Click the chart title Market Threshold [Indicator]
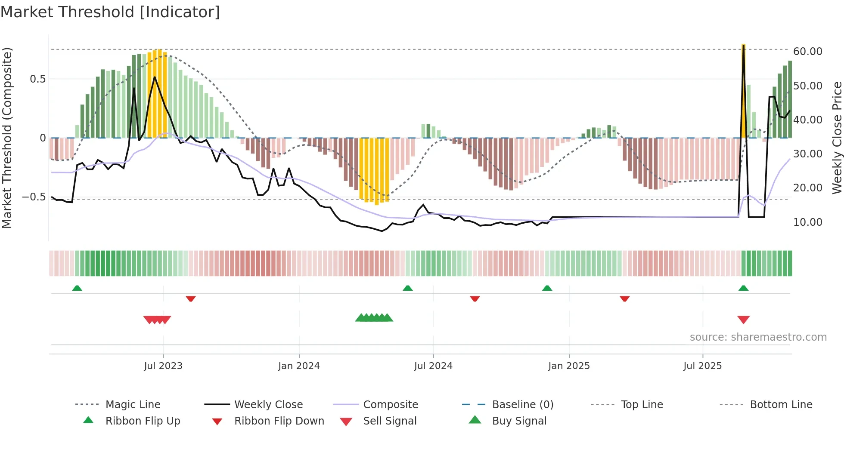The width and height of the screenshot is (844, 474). point(110,12)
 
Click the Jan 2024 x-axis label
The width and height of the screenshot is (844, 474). point(299,366)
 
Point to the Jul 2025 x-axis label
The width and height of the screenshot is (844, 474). point(702,366)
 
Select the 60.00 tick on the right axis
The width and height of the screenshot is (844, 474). point(807,52)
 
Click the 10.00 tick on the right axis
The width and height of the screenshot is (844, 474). point(807,222)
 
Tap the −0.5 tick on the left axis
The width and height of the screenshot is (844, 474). point(34,197)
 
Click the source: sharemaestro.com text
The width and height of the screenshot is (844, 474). point(758,337)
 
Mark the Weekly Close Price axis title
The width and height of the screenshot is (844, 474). point(836,138)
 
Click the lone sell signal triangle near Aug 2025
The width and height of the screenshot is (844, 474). point(743,320)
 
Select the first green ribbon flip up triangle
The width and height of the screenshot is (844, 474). point(77,288)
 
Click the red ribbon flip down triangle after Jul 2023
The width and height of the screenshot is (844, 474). point(191,299)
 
